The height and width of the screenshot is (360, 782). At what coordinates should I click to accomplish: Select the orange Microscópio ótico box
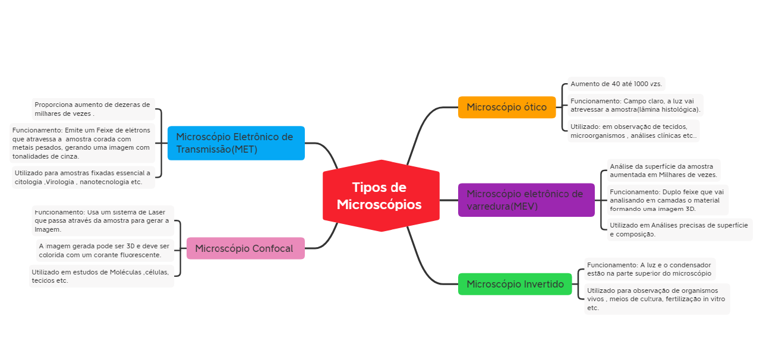pos(506,108)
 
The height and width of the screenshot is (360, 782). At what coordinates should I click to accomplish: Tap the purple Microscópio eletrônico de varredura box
pos(526,200)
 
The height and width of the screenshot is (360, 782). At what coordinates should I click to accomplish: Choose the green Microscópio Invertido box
pos(515,284)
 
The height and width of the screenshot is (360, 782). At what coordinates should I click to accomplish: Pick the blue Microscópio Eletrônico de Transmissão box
pos(236,143)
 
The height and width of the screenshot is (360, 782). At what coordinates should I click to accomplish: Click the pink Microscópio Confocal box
pos(245,248)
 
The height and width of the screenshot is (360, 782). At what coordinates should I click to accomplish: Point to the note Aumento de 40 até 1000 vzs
pos(616,84)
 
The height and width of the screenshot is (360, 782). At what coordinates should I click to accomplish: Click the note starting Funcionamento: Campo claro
pos(635,105)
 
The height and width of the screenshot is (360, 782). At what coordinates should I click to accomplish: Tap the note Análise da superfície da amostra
pos(663,170)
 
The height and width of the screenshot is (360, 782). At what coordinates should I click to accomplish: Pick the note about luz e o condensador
pos(649,269)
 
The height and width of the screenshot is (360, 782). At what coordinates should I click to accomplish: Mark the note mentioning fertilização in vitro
pos(656,299)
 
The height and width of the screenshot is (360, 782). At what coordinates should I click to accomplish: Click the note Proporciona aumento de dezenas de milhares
pos(93,109)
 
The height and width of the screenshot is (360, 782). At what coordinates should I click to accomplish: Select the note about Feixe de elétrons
pos(82,143)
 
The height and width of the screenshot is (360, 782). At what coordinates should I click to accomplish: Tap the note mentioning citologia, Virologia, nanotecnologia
pos(83,177)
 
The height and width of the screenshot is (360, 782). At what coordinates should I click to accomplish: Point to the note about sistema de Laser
pos(102,220)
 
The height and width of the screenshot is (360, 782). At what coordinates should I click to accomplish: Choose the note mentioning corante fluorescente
pos(104,250)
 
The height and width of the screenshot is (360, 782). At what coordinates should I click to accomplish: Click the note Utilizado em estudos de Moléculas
pos(101,276)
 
